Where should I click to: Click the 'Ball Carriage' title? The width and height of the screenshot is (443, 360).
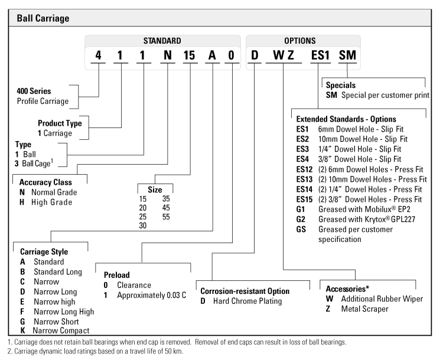coord(43,18)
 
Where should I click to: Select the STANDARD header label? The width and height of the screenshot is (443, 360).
coord(162,41)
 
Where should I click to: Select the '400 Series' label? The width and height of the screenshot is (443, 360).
coord(34,91)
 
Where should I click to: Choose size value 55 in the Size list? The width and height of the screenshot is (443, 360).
coord(167,216)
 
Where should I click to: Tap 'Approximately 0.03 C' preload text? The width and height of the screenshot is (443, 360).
coord(151,294)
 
